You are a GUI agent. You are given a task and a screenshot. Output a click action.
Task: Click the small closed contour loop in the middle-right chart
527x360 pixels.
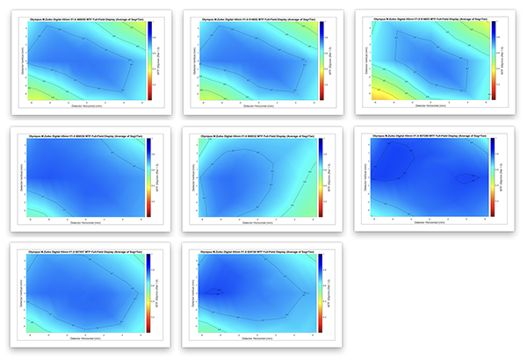pyautogui.click(x=465, y=178)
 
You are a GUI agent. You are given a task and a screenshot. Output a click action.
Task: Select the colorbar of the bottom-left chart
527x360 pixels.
pyautogui.click(x=149, y=294)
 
